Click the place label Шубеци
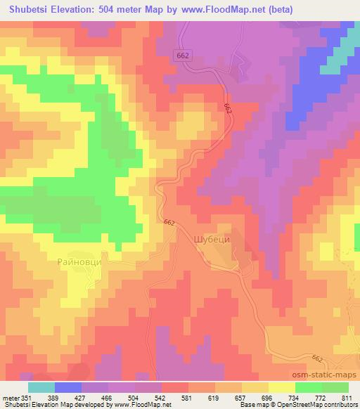[211, 239]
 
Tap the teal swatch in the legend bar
[41, 387]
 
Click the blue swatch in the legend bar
[68, 387]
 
